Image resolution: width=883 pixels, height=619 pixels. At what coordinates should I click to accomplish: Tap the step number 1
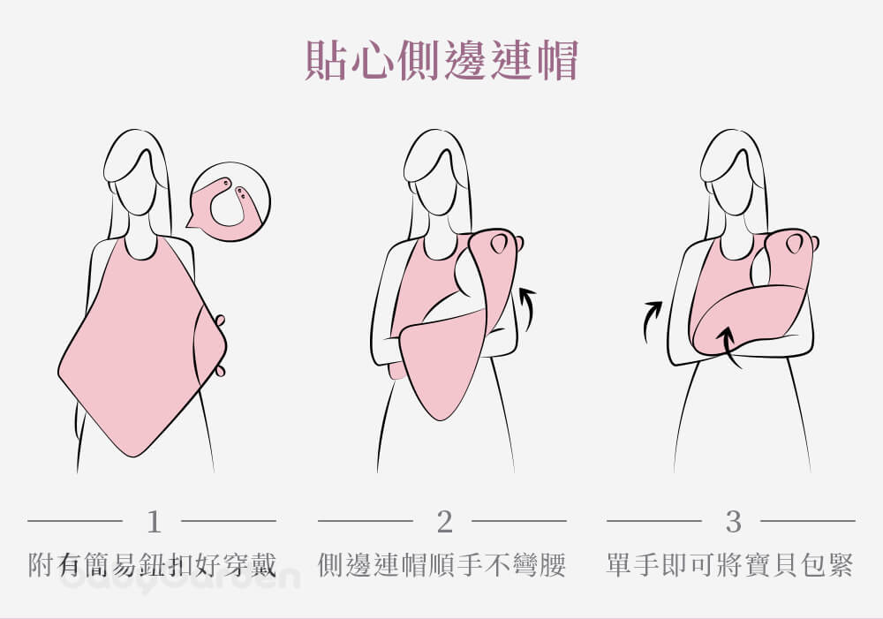(x=154, y=522)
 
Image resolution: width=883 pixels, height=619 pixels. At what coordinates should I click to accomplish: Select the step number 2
(x=444, y=522)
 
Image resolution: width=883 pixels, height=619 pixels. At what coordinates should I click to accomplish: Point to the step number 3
(x=733, y=522)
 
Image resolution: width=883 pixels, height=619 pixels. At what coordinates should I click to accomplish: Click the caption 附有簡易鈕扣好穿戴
(x=152, y=565)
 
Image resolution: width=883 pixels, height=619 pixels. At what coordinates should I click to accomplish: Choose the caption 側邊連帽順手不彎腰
(x=441, y=565)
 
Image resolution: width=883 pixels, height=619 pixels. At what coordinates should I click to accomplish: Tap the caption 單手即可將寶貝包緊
(x=730, y=565)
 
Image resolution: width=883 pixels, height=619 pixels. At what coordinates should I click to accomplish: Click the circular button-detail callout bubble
(x=230, y=201)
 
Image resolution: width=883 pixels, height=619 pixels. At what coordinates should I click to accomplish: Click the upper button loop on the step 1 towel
(x=220, y=321)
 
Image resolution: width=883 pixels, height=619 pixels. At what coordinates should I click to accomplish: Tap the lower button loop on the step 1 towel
(x=220, y=370)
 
